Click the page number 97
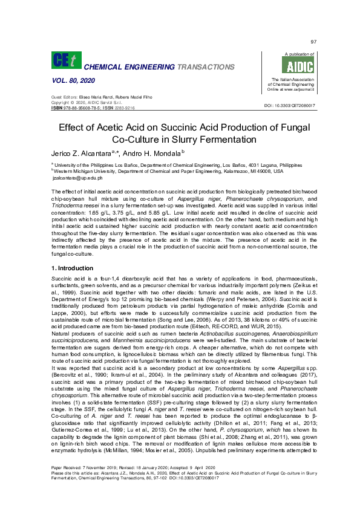point(313,42)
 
